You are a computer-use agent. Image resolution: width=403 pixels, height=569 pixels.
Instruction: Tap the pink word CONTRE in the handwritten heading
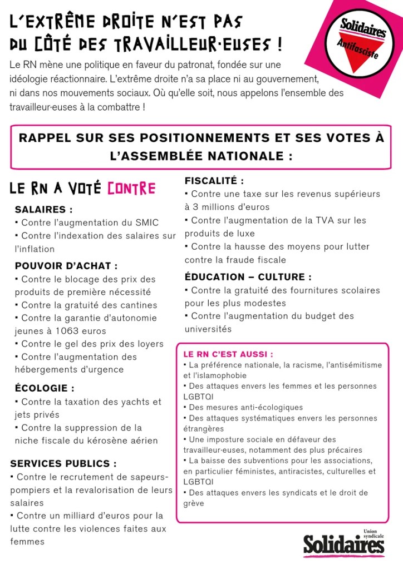(131, 189)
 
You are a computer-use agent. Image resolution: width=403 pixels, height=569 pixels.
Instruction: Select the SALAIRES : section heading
(43, 210)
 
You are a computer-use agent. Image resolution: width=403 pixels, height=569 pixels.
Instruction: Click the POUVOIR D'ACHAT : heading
(66, 266)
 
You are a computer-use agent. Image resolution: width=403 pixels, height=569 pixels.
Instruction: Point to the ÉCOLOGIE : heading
(45, 388)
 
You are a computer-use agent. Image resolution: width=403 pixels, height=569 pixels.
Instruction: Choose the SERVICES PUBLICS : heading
(63, 463)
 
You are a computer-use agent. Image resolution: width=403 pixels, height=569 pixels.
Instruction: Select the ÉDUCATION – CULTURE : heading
(248, 277)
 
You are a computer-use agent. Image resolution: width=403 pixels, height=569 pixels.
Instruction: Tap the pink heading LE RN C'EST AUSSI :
(228, 354)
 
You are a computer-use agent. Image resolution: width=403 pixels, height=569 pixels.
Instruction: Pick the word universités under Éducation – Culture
(208, 329)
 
